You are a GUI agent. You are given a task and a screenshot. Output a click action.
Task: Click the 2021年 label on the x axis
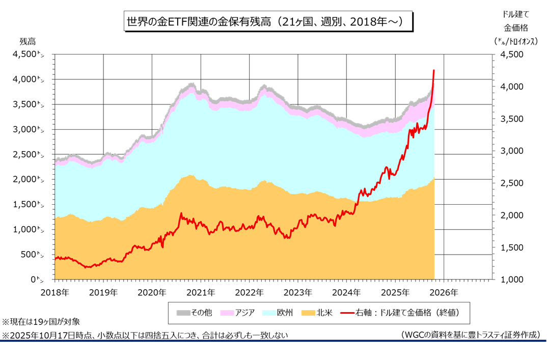pos(200,292)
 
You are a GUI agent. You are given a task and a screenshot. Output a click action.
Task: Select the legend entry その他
pos(194,312)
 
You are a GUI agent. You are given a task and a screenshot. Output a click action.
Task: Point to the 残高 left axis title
pos(29,41)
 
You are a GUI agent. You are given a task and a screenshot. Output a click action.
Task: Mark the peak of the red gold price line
pos(433,70)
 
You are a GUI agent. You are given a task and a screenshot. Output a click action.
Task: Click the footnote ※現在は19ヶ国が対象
pos(41,322)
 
